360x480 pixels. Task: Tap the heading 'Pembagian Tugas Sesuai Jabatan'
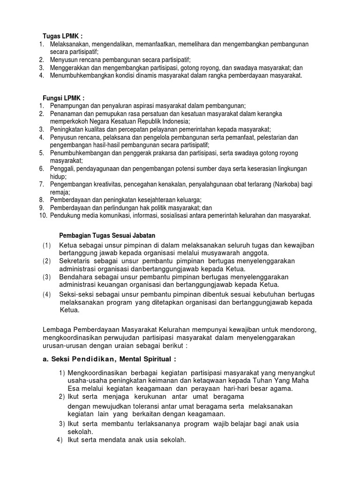107,235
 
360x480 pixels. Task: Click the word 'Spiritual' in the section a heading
156,360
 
